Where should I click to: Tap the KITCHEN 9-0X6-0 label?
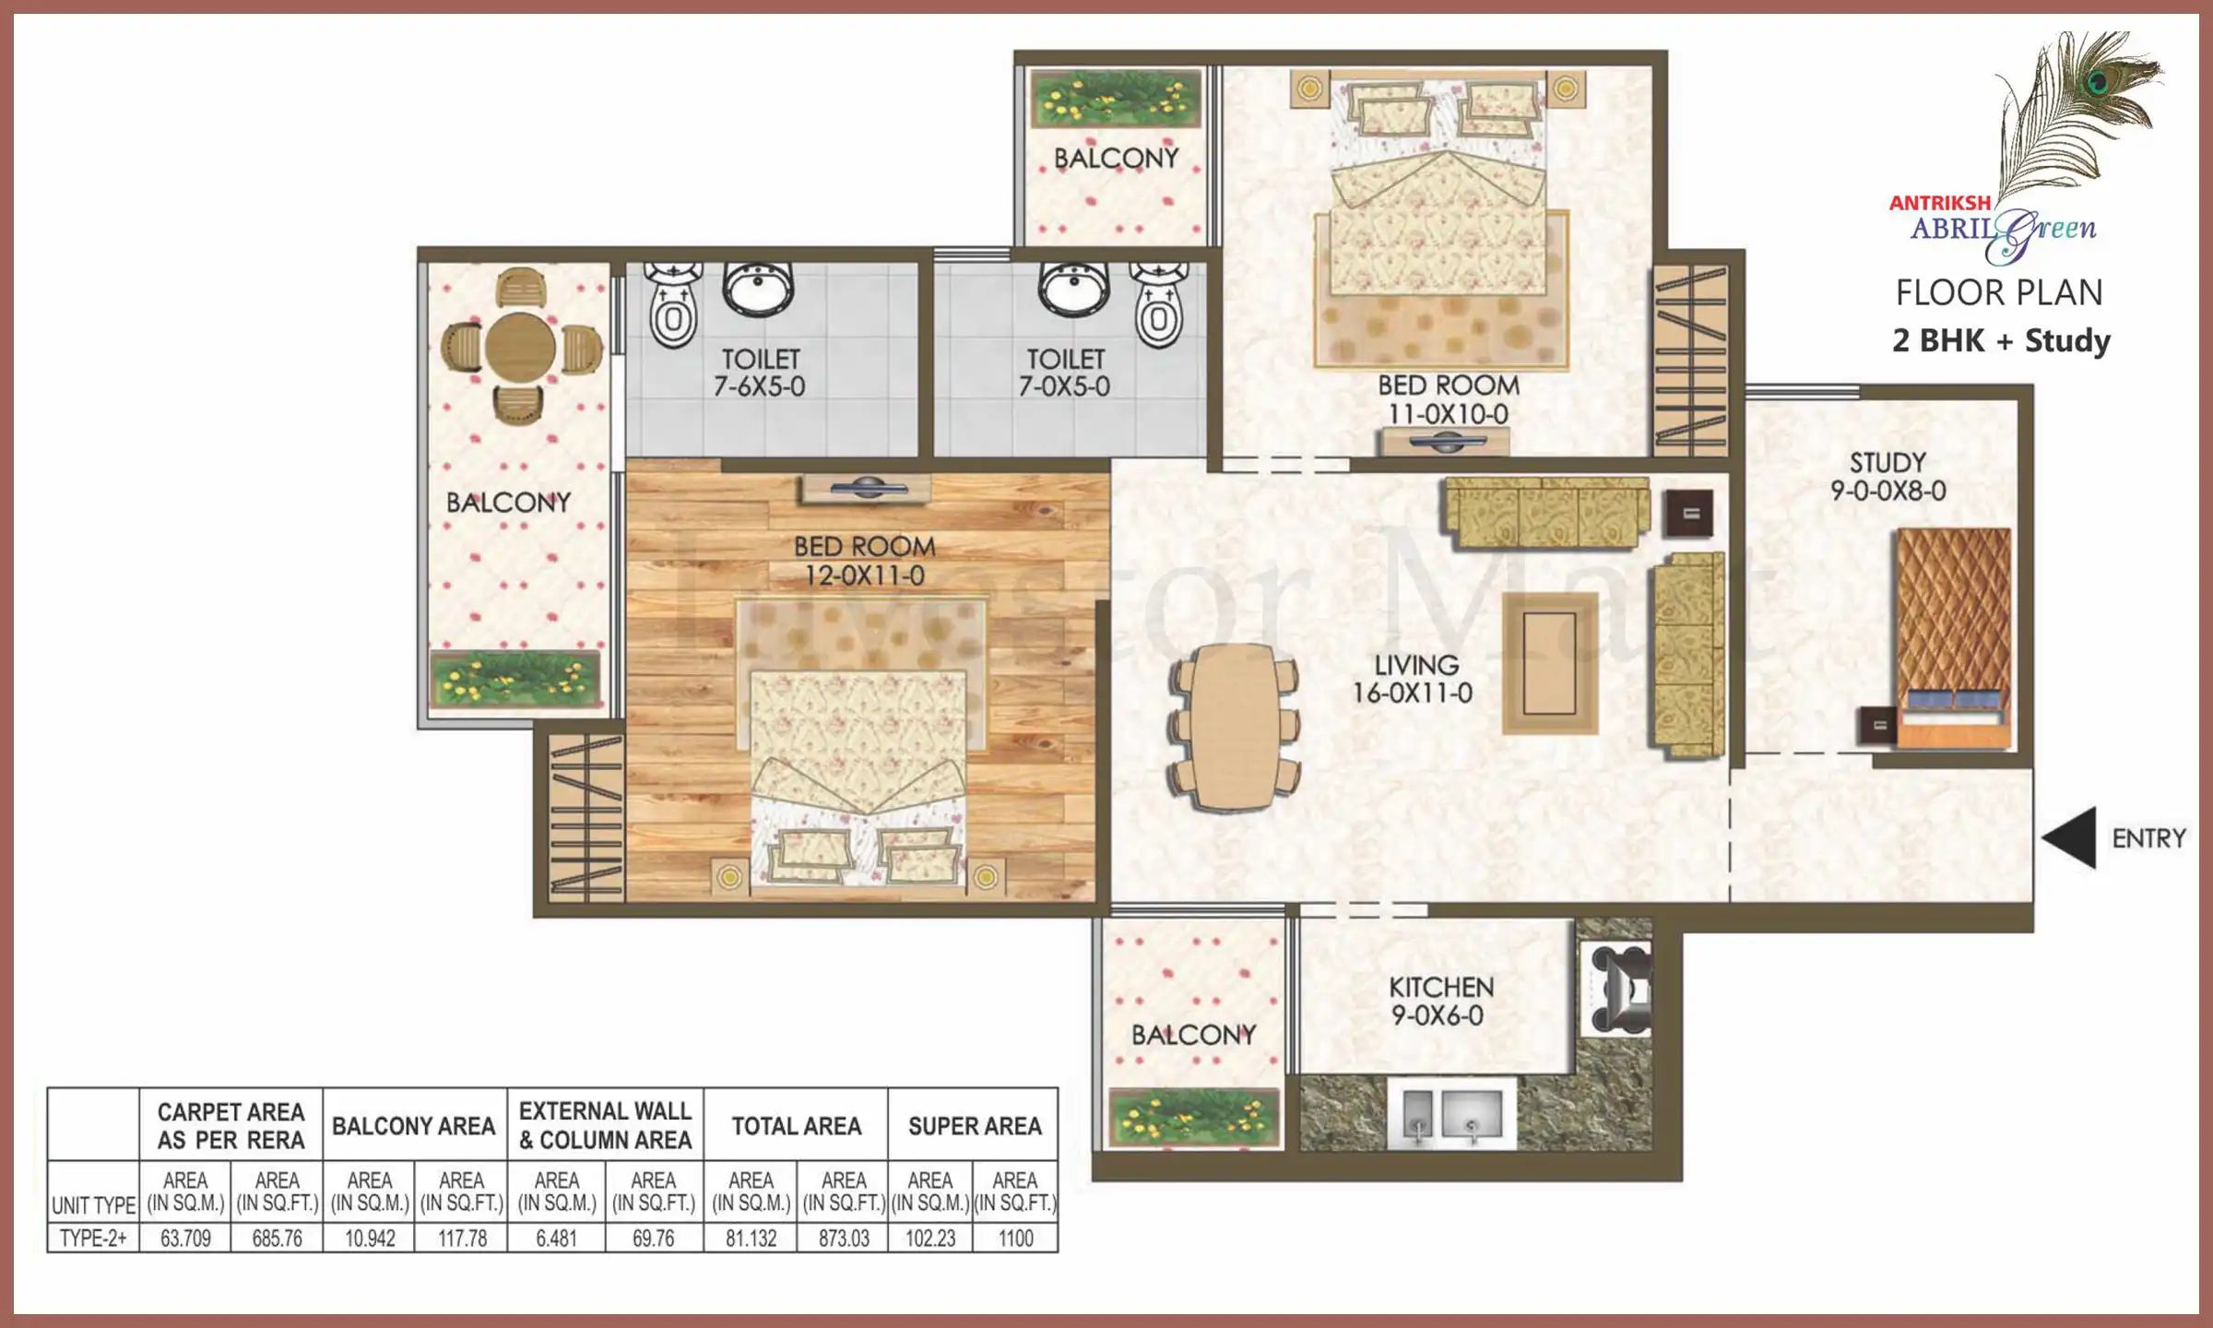point(1441,1002)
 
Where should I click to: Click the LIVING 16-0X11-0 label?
point(1414,679)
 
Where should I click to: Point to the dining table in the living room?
point(1235,727)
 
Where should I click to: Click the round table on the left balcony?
point(520,348)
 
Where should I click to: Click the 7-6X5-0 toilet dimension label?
point(759,386)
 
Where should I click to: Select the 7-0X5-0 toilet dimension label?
point(1064,386)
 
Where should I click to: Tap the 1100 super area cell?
point(1015,1239)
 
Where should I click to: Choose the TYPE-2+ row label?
point(93,1239)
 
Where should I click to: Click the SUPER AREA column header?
point(975,1126)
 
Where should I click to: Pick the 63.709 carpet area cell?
point(185,1239)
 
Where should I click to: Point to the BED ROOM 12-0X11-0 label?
point(864,561)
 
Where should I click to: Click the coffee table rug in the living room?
point(1549,663)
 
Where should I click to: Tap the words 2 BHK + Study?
point(2001,341)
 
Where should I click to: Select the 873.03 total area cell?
point(844,1239)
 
